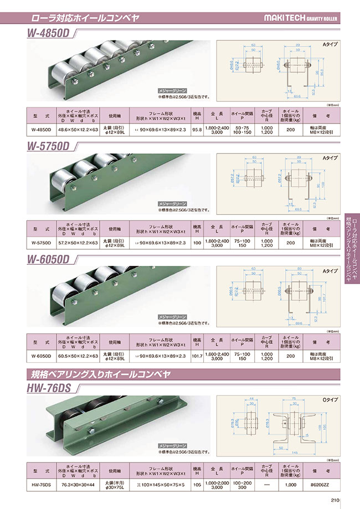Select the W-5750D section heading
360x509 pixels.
pos(49,147)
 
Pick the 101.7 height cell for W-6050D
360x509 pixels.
pos(196,355)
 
